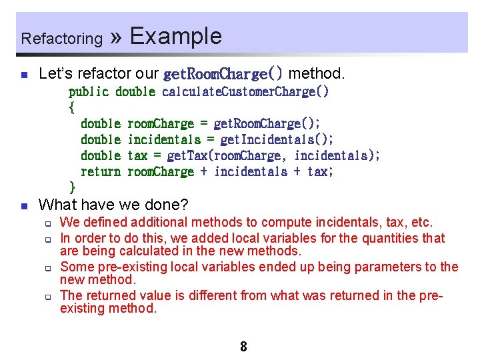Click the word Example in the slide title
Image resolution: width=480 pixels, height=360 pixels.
[x=176, y=36]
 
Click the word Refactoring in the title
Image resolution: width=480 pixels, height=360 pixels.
[x=61, y=39]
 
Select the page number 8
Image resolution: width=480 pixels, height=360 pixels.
[x=243, y=347]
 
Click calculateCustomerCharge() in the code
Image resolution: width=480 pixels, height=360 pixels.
[x=245, y=91]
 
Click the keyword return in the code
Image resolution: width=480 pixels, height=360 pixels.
[x=100, y=171]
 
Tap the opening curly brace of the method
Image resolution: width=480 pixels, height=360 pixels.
[x=72, y=107]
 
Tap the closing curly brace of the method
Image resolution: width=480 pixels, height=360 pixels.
[x=72, y=187]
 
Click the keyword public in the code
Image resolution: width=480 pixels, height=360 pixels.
[x=89, y=91]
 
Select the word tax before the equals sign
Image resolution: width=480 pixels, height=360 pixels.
[x=137, y=155]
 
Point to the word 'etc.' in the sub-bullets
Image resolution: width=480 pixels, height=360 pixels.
[x=419, y=222]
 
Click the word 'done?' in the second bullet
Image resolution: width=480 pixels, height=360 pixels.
[x=169, y=204]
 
